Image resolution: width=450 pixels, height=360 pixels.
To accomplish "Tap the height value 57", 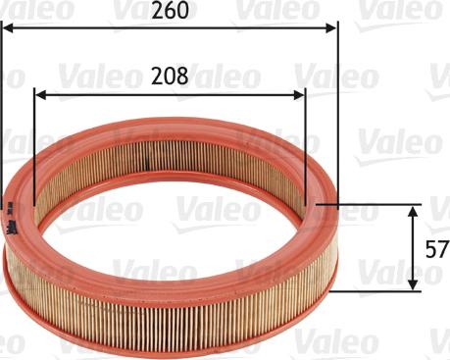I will click(436, 248).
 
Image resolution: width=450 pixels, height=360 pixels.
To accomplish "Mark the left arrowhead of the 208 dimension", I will click(39, 94).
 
